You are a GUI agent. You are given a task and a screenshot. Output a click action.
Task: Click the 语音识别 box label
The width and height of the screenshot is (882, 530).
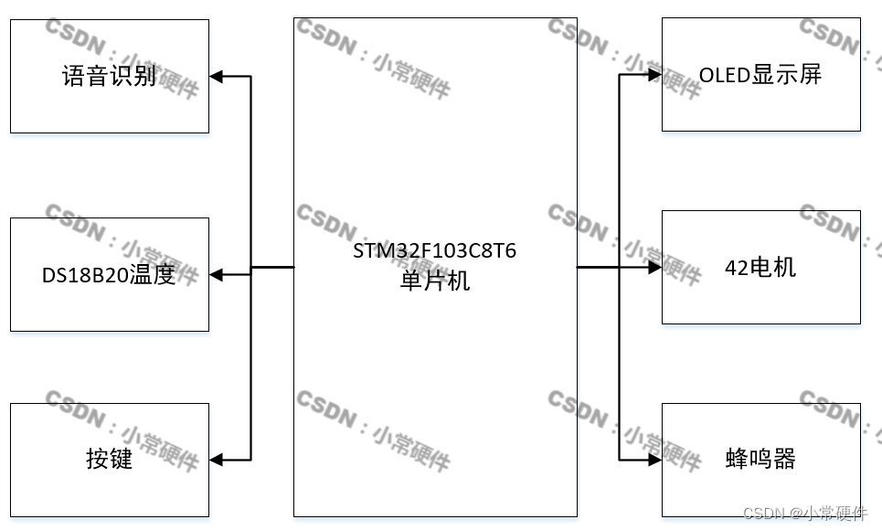(110, 76)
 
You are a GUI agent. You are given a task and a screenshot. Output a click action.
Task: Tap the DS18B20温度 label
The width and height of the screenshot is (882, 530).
(109, 274)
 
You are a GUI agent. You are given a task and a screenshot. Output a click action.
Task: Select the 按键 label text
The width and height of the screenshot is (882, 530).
(110, 458)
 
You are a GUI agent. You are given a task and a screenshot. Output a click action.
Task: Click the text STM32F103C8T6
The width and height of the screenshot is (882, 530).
(435, 251)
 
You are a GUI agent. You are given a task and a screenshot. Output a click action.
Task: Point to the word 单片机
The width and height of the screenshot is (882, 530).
(435, 281)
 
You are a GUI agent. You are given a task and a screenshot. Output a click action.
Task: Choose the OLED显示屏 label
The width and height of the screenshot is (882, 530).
(760, 75)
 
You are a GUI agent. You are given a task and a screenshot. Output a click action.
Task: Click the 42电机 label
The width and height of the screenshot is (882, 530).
(760, 267)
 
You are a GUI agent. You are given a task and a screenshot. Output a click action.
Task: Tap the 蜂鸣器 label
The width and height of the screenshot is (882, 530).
(760, 458)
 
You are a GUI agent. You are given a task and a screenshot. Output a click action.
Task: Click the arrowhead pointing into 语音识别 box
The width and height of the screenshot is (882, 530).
(217, 76)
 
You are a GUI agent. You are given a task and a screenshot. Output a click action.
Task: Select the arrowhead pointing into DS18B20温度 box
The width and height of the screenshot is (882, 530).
(217, 274)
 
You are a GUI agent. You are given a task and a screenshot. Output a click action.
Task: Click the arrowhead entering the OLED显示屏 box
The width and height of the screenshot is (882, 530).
(654, 75)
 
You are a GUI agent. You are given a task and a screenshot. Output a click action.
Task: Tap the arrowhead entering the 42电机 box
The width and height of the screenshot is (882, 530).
(654, 268)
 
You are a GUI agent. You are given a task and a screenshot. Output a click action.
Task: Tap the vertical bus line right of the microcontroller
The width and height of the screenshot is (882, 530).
(620, 366)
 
